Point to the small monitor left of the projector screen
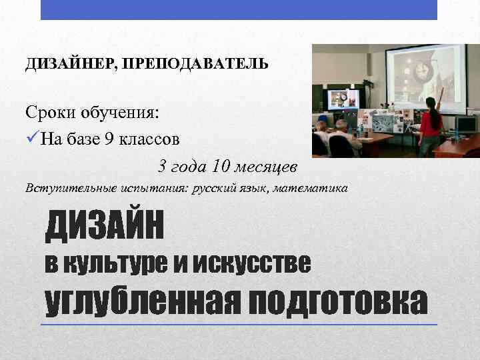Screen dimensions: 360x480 tap(343, 99)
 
